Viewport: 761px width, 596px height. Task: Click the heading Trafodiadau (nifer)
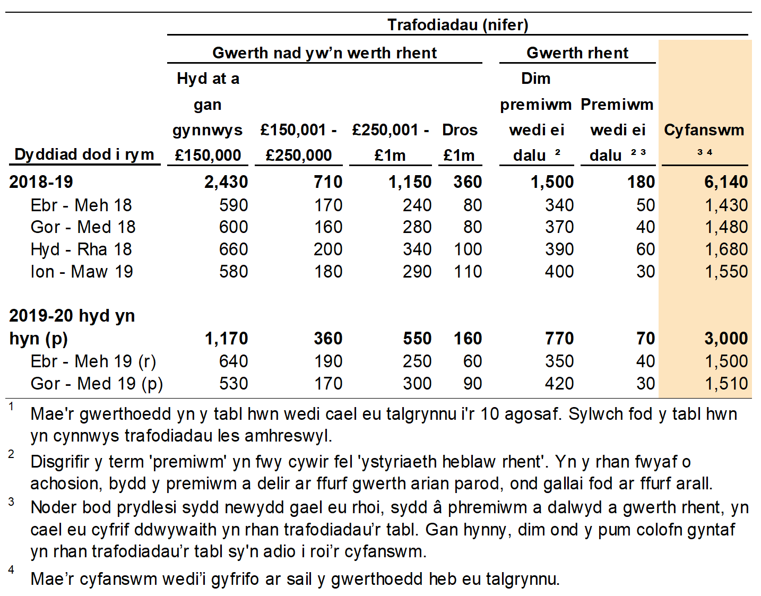[457, 25]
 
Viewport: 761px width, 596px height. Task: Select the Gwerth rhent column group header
[577, 53]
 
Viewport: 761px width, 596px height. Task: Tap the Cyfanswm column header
[704, 130]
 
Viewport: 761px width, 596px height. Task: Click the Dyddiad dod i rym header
[84, 154]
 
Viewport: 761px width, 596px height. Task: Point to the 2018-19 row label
[41, 182]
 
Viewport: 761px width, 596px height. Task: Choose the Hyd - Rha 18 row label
[81, 249]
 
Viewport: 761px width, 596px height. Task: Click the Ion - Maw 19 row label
[82, 272]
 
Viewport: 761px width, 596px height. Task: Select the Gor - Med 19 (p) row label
[97, 384]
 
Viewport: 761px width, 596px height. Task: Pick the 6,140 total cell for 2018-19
[725, 182]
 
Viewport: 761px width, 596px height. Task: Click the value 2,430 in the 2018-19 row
[226, 182]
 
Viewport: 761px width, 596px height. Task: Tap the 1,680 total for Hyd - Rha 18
[725, 249]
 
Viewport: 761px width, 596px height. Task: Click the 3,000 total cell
[725, 339]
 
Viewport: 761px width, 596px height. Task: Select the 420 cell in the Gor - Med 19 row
[559, 384]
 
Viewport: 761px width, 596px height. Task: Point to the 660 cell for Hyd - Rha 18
[234, 249]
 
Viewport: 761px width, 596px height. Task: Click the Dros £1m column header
[460, 142]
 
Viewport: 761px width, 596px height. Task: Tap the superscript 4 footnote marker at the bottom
[11, 570]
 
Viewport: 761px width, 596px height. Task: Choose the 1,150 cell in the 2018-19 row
[410, 182]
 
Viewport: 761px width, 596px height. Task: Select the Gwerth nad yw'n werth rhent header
[324, 53]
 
